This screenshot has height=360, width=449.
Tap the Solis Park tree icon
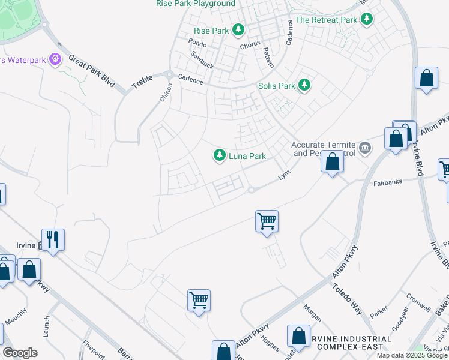pyautogui.click(x=305, y=85)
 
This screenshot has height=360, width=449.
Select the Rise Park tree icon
pyautogui.click(x=239, y=29)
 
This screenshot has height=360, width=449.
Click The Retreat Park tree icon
pyautogui.click(x=367, y=19)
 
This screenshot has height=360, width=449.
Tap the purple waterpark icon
pyautogui.click(x=56, y=59)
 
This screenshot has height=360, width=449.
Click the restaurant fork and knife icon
pyautogui.click(x=53, y=240)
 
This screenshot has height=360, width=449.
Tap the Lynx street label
pyautogui.click(x=285, y=175)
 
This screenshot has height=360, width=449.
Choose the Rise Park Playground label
pyautogui.click(x=196, y=4)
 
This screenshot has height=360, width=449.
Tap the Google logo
pyautogui.click(x=20, y=353)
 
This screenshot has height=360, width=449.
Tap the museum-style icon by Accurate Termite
pyautogui.click(x=364, y=148)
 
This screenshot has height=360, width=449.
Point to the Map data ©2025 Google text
pyautogui.click(x=411, y=355)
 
